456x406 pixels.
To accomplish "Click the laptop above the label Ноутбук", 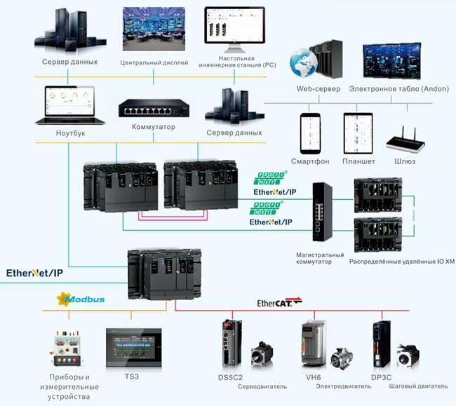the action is pyautogui.click(x=70, y=105).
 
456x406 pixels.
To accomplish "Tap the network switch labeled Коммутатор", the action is pyautogui.click(x=154, y=109).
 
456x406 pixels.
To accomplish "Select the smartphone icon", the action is pyautogui.click(x=310, y=133).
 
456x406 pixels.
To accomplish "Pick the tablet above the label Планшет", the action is pyautogui.click(x=358, y=133).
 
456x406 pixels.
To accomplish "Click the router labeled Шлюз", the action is pyautogui.click(x=405, y=140).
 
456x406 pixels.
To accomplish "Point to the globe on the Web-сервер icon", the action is pyautogui.click(x=303, y=62).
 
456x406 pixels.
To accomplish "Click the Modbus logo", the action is pyautogui.click(x=81, y=299).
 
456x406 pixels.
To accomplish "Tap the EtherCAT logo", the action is pyautogui.click(x=279, y=302).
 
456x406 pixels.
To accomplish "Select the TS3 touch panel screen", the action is pyautogui.click(x=134, y=348).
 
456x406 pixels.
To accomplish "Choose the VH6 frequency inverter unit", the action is pyautogui.click(x=313, y=342).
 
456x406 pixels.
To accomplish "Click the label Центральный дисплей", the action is pyautogui.click(x=154, y=62).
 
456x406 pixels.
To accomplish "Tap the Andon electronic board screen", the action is pyautogui.click(x=391, y=61).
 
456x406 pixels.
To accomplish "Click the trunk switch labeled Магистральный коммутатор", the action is pyautogui.click(x=322, y=212).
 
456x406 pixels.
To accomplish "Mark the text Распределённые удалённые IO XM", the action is pyautogui.click(x=402, y=262).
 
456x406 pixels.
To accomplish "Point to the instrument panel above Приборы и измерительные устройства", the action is pyautogui.click(x=67, y=349).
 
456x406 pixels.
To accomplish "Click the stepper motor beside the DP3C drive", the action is pyautogui.click(x=408, y=356).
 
